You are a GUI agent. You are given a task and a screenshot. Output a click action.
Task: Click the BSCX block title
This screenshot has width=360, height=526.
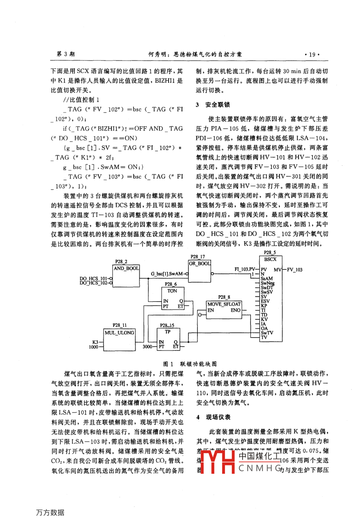(270, 259)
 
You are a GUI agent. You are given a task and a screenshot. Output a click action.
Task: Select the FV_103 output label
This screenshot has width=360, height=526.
(295, 270)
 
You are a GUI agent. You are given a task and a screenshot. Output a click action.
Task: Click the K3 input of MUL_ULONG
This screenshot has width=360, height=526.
(96, 342)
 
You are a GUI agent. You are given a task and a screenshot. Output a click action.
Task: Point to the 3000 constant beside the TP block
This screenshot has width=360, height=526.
(147, 347)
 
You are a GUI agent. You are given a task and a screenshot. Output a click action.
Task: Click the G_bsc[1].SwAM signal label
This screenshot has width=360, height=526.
(167, 274)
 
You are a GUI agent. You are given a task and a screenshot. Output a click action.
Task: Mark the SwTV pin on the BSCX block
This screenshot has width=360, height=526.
(267, 333)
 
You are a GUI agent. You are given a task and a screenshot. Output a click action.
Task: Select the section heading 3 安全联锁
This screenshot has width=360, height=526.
(213, 105)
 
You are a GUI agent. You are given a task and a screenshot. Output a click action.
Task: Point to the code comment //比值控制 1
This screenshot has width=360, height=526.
(81, 100)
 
